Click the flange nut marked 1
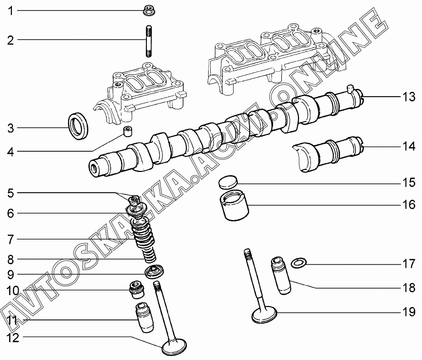[x=149, y=10]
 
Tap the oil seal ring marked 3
[x=78, y=126]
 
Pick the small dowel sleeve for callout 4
[x=128, y=131]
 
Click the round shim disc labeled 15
[x=228, y=182]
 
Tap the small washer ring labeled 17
[x=299, y=263]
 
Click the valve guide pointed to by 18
[x=280, y=276]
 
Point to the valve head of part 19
[x=264, y=315]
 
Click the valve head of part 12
[x=174, y=347]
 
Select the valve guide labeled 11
[x=144, y=318]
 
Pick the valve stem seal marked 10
[x=137, y=290]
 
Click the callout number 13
[x=409, y=97]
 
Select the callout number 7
[x=10, y=239]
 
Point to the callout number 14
[x=409, y=146]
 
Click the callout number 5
[x=10, y=193]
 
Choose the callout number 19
[x=409, y=312]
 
